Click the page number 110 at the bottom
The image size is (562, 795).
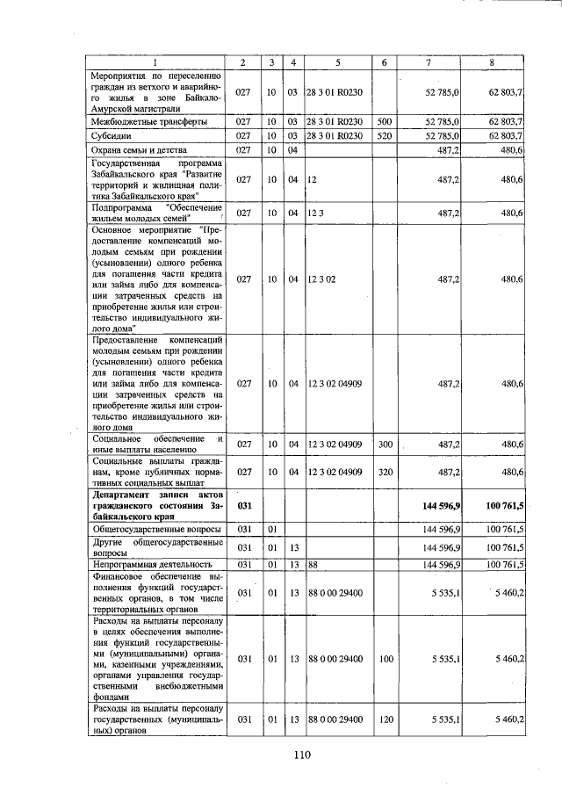pyautogui.click(x=303, y=754)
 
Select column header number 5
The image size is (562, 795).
pyautogui.click(x=337, y=62)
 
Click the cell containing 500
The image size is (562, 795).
pyautogui.click(x=383, y=121)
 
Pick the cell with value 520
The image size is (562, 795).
pyautogui.click(x=383, y=136)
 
